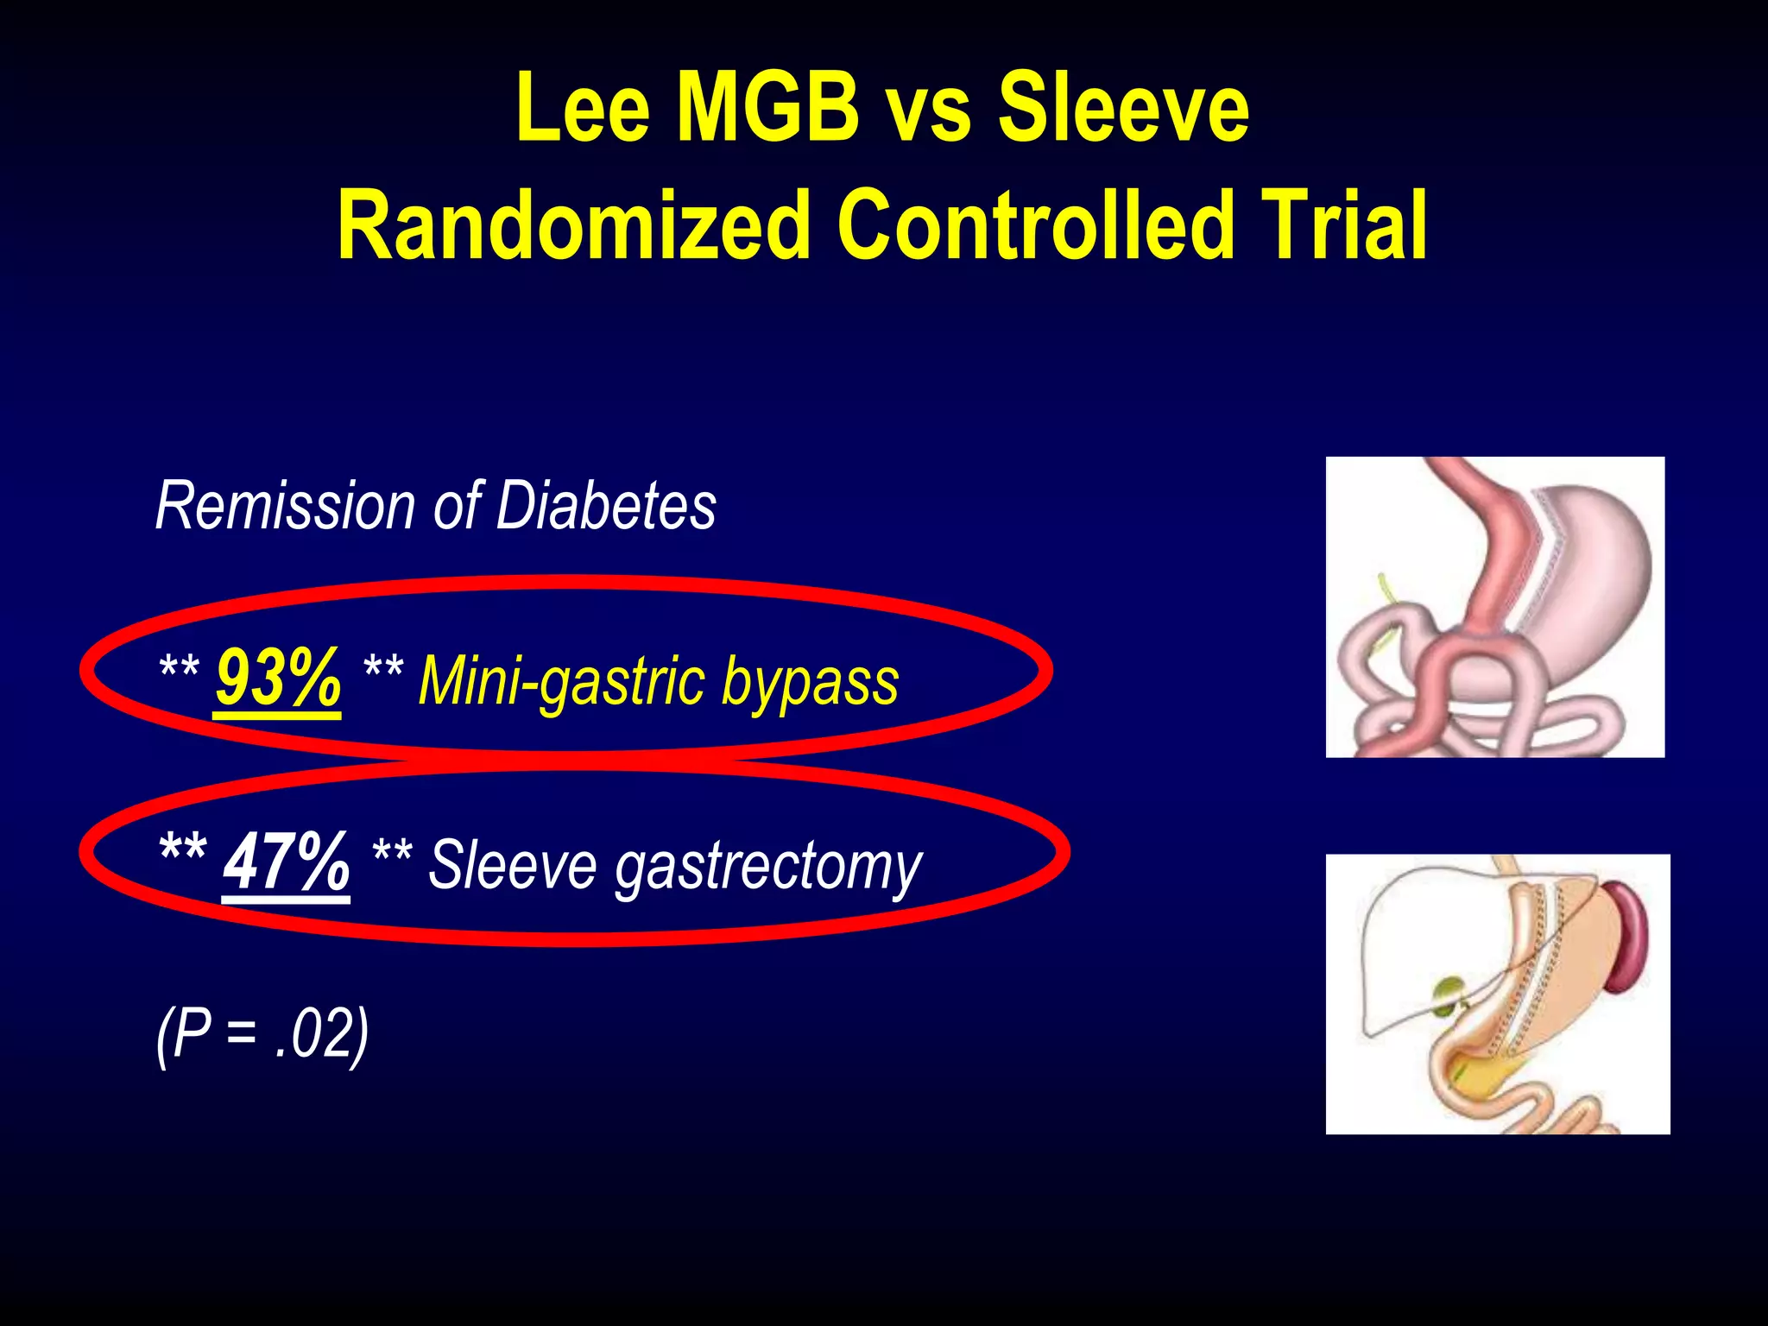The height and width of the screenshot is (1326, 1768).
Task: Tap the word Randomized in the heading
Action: (x=573, y=226)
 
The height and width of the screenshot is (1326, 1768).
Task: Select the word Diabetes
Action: (x=606, y=506)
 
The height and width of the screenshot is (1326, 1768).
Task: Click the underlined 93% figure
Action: (x=278, y=680)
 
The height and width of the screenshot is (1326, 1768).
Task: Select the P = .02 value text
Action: (x=262, y=1034)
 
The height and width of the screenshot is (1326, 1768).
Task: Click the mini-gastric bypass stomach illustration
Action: (x=1494, y=607)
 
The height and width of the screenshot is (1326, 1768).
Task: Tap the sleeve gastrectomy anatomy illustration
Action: (x=1498, y=994)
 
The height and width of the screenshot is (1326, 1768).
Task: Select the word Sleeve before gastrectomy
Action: (x=512, y=865)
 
